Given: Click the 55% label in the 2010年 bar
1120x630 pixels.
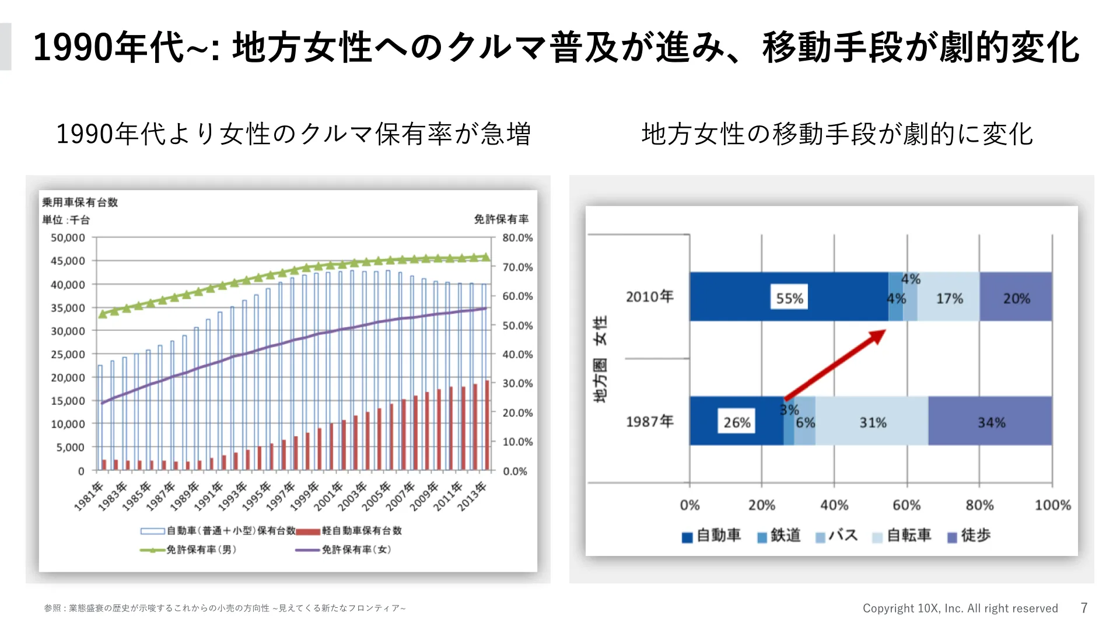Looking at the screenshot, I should (x=789, y=298).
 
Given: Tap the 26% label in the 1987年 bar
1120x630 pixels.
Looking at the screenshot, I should (x=737, y=422).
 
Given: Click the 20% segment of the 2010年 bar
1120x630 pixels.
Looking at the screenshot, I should (x=1016, y=298).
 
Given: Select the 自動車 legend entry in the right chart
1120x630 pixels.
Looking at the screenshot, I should (x=712, y=535).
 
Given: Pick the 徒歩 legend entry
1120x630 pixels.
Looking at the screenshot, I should (x=969, y=535).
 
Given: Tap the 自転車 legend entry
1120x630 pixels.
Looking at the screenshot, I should (x=902, y=535).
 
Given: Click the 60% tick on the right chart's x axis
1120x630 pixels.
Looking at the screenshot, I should (x=907, y=505).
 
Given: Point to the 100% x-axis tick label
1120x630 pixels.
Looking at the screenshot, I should (x=1052, y=505).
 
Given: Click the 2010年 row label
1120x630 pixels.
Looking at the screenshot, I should (x=649, y=297).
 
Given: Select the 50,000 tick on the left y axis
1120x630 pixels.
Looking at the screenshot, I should (x=68, y=238).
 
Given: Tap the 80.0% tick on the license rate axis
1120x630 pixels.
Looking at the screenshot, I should (x=517, y=238).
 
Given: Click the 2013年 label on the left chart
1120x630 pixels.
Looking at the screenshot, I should (x=473, y=496).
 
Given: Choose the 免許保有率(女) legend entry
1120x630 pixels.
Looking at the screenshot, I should (x=344, y=549).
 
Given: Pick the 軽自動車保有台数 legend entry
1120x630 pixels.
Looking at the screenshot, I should (x=350, y=531).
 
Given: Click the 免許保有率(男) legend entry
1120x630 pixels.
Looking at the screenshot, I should (x=189, y=549).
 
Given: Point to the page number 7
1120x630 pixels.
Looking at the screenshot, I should (x=1084, y=608).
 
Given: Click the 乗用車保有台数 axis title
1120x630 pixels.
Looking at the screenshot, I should (x=80, y=202).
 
